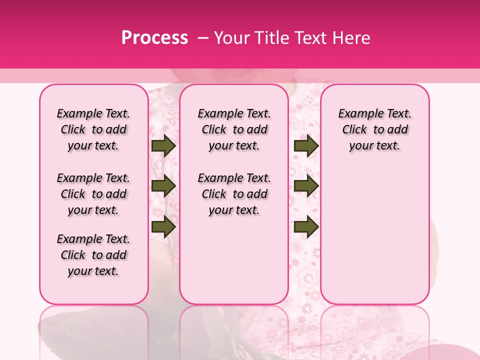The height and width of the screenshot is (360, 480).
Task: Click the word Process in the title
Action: coord(154,38)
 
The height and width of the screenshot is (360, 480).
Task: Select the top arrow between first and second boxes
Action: coord(163,146)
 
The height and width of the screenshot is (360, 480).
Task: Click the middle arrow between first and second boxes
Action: coord(163,186)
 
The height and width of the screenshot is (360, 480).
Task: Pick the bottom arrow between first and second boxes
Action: coord(163,226)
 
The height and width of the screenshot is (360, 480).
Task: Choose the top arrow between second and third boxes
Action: coord(306,146)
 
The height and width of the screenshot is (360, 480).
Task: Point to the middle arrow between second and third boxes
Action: coord(306,186)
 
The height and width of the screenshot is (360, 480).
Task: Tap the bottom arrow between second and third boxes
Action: coord(306,226)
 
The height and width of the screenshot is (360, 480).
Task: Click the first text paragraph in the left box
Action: coord(93,129)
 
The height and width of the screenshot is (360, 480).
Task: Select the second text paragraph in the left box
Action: coord(93,194)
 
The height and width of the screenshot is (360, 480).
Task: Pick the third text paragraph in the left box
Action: coord(93,255)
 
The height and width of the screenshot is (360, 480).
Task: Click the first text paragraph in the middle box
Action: coord(234,129)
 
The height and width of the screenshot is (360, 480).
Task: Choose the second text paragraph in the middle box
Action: coord(234,194)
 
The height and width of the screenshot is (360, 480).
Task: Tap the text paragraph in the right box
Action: coord(374,129)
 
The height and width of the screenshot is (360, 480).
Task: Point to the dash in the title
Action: coord(203,38)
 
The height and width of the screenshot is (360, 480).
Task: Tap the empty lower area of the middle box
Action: coord(234,260)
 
